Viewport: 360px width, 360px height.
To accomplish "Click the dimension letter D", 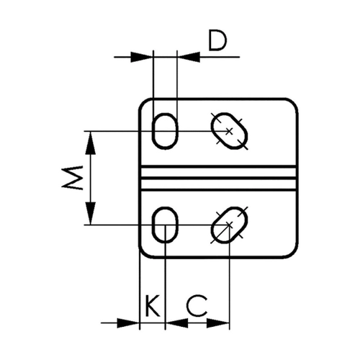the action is click(217, 41).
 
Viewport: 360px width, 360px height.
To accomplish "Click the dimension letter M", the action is click(72, 178).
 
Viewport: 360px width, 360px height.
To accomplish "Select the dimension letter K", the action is click(152, 306).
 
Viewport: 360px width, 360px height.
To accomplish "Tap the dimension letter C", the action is click(197, 306).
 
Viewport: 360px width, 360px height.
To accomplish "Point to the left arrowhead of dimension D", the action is click(142, 57).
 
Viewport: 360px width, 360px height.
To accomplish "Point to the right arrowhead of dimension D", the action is click(189, 57).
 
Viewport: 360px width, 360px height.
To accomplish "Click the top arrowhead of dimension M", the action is click(91, 143).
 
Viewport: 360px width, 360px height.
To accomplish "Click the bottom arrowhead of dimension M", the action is click(91, 213).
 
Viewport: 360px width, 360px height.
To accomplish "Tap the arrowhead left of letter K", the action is click(128, 323).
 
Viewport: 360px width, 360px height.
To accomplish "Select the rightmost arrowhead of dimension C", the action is click(218, 323).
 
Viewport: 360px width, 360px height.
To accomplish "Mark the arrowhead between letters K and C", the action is click(177, 323).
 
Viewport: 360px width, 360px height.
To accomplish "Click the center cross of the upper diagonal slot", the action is click(229, 131).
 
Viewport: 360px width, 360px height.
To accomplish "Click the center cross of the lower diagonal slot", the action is click(229, 225).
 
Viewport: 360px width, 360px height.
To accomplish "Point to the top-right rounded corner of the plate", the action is click(294, 102).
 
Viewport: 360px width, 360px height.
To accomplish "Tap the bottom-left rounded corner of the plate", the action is click(143, 255).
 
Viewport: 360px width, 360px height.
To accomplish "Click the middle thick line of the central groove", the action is click(218, 178).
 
